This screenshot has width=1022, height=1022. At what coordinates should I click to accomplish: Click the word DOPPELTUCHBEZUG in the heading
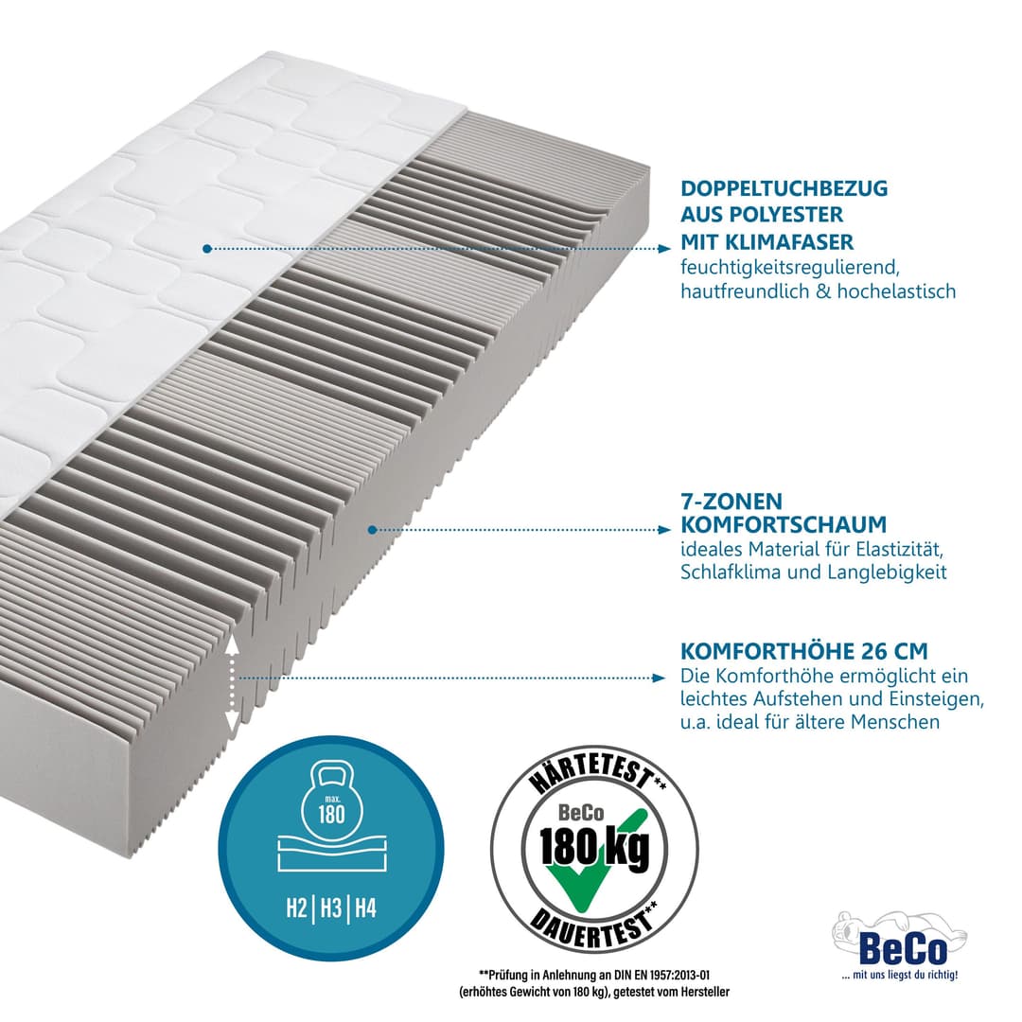click(x=784, y=188)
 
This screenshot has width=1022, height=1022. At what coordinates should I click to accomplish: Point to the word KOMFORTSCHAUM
click(x=784, y=524)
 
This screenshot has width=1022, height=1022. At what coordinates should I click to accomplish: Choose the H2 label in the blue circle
click(x=296, y=907)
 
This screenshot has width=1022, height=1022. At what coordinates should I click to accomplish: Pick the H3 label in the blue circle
click(x=331, y=907)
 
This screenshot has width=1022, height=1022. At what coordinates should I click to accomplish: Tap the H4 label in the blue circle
click(x=365, y=907)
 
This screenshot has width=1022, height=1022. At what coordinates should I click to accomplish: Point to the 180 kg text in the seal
click(x=594, y=847)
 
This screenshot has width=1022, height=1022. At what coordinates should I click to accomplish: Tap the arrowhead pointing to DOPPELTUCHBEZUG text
click(x=663, y=248)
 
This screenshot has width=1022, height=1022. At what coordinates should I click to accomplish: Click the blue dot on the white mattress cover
click(x=206, y=248)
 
